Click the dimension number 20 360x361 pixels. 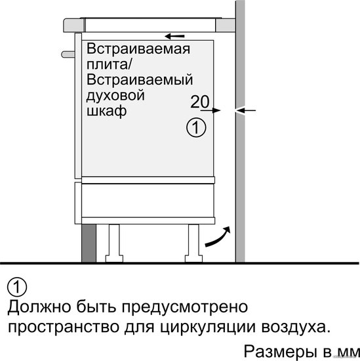point(200,102)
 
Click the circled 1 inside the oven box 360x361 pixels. point(196,127)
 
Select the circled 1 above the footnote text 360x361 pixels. point(17,287)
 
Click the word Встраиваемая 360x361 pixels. point(138,49)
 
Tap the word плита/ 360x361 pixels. point(109,64)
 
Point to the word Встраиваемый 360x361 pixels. point(140,79)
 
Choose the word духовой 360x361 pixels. point(115,96)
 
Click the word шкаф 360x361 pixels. point(106,111)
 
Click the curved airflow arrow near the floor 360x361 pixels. point(218,238)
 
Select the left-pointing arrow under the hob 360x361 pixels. point(175,36)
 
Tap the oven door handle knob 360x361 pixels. point(68,54)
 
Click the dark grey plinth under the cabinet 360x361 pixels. point(89,243)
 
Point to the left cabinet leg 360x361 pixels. point(114,243)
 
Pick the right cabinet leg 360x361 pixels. point(193,243)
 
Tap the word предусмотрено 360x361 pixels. point(185,307)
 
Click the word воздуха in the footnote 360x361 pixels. point(294,327)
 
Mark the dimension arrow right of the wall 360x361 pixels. point(245,110)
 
